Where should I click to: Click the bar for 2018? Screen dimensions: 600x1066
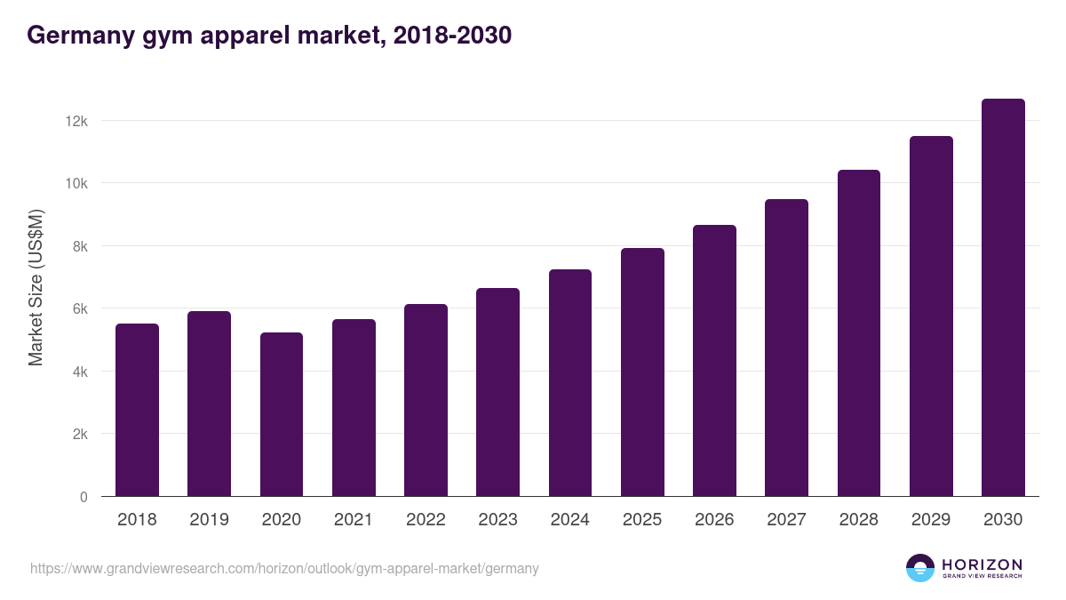click(137, 410)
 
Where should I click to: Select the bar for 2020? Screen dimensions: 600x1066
click(282, 414)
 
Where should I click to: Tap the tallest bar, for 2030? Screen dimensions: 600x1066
click(1003, 298)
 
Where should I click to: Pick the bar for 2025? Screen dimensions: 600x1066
click(642, 372)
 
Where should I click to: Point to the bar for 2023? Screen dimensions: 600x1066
click(497, 392)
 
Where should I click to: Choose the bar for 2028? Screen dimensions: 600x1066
click(859, 333)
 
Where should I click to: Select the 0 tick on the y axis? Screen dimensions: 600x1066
click(84, 497)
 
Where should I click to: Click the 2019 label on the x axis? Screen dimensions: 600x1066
click(209, 520)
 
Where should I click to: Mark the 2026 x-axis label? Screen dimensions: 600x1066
click(714, 520)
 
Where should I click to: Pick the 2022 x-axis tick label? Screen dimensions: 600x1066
click(426, 520)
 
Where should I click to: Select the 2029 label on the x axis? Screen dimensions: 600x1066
click(931, 520)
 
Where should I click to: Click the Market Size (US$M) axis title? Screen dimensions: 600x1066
click(36, 288)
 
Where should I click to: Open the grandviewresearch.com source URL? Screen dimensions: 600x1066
click(284, 568)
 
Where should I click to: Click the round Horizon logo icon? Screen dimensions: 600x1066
click(920, 568)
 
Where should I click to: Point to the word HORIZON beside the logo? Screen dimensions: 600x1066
click(982, 564)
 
